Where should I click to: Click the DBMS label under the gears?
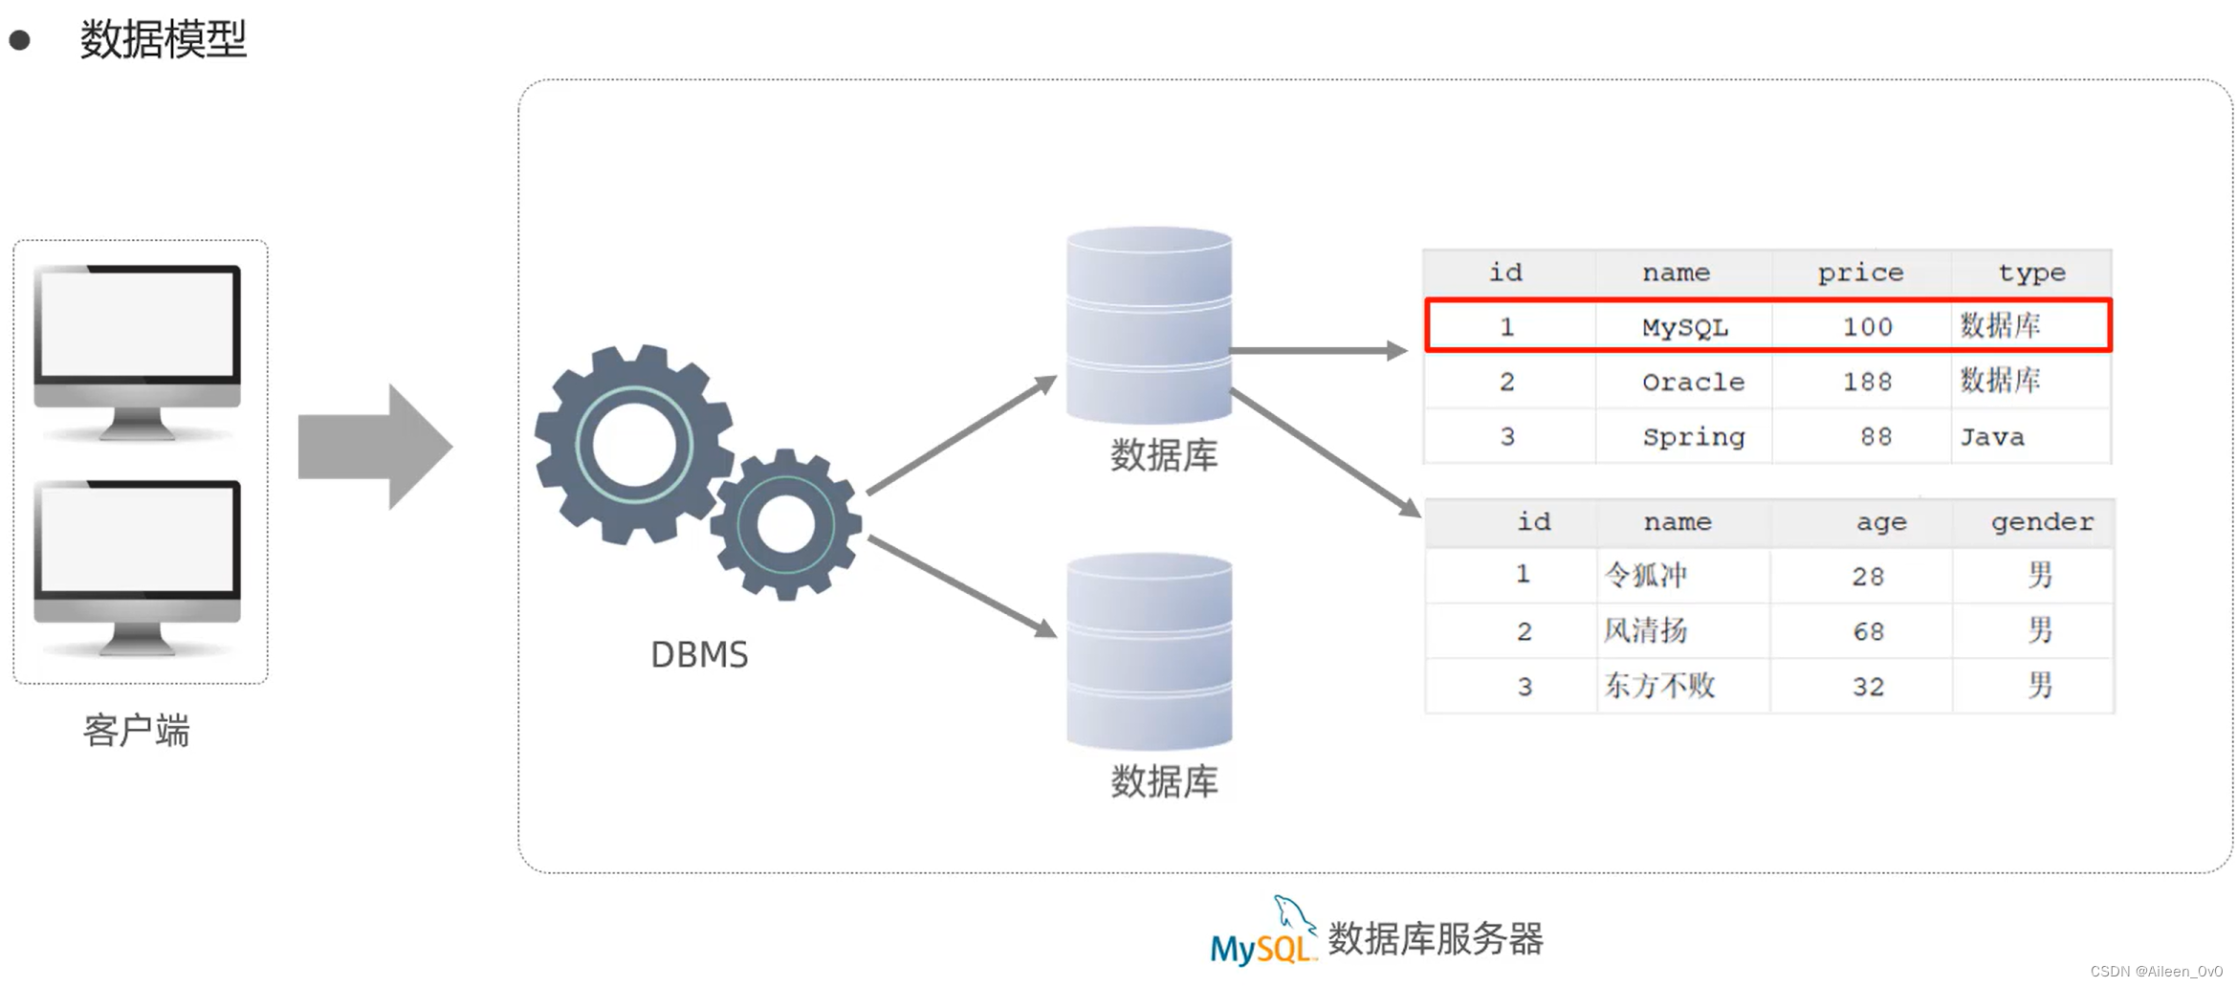click(x=699, y=655)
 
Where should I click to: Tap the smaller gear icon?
click(x=786, y=524)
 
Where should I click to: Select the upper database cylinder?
click(x=1149, y=325)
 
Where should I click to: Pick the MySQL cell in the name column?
click(x=1685, y=327)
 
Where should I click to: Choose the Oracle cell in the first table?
click(x=1693, y=382)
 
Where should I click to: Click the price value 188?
click(x=1867, y=382)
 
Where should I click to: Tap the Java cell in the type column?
click(x=1992, y=437)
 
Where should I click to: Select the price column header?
click(x=1860, y=273)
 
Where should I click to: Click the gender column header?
click(x=2042, y=522)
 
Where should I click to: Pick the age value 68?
click(x=1868, y=631)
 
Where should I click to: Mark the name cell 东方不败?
click(x=1659, y=686)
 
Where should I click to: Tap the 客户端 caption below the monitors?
click(x=137, y=731)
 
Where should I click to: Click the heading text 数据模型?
click(x=164, y=39)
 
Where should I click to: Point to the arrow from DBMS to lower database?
click(x=961, y=586)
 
